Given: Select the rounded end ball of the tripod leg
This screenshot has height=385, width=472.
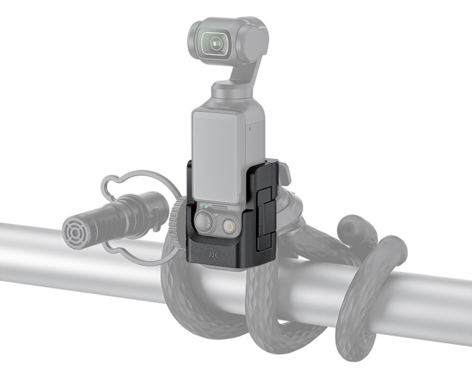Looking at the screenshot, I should [x=352, y=227].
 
